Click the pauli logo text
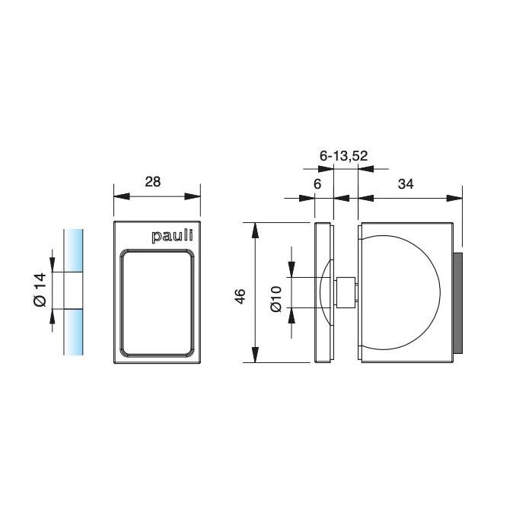[172, 236]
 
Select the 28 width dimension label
[153, 182]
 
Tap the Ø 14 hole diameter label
[40, 289]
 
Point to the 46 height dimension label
[240, 296]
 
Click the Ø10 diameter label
[276, 298]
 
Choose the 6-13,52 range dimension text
[344, 156]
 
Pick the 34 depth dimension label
[406, 184]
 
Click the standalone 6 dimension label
[317, 184]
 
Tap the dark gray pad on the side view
[457, 303]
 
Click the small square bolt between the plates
[346, 292]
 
